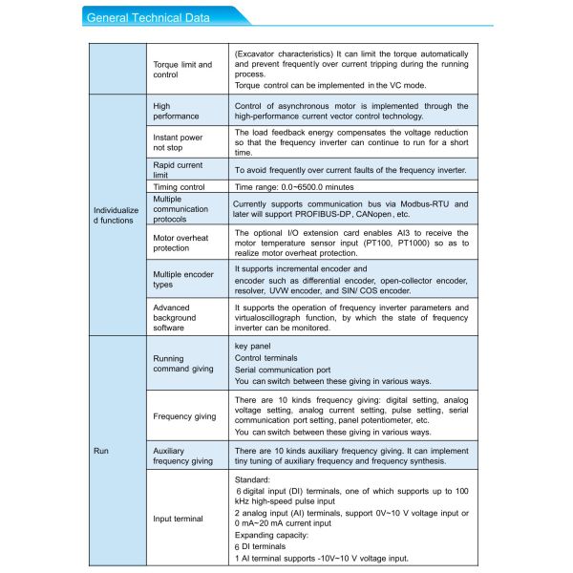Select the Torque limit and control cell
point(182,69)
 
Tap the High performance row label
point(176,111)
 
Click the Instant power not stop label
point(178,143)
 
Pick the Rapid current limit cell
point(178,170)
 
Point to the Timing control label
point(179,188)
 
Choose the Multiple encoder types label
point(183,280)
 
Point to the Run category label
point(101,449)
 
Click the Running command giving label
point(182,364)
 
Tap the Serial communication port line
point(283,370)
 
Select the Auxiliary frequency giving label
point(182,456)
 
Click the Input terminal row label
point(178,519)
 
